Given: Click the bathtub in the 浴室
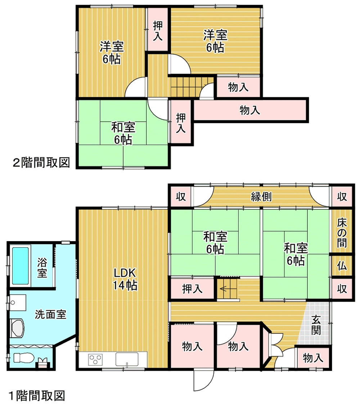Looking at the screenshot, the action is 20,266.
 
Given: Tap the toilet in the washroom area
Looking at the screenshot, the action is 23,358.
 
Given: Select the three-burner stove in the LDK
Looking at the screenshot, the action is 95,359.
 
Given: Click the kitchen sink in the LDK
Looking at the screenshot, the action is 127,359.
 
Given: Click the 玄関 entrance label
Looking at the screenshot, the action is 316,325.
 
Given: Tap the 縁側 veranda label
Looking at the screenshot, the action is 261,197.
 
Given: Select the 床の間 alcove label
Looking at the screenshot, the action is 342,233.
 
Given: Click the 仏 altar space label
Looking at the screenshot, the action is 342,266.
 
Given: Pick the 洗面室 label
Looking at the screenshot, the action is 50,314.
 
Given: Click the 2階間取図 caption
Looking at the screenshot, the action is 41,163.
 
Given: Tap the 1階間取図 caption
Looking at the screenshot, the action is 37,396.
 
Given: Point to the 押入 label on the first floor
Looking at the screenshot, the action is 192,289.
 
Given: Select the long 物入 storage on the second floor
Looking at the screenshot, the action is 250,110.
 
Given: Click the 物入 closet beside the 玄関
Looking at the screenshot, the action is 312,358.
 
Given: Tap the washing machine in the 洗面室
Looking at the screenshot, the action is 18,328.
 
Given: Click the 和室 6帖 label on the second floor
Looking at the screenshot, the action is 123,133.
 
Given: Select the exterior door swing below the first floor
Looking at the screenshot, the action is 204,381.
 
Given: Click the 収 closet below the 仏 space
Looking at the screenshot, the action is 342,289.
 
